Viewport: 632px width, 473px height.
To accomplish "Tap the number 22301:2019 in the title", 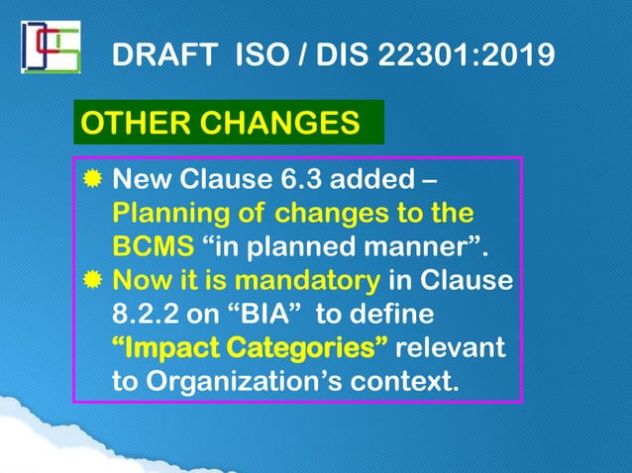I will click(463, 54).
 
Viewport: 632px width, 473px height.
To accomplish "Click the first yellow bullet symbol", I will click(92, 181).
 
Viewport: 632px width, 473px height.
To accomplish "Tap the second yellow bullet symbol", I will click(92, 281).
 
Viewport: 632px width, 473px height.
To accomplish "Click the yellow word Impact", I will click(167, 348).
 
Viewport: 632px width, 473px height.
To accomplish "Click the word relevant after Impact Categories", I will click(450, 348).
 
